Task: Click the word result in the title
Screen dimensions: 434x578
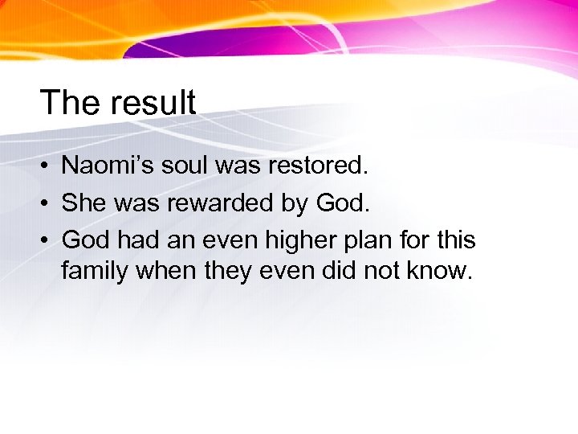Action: [x=152, y=103]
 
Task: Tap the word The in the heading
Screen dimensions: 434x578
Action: [x=71, y=103]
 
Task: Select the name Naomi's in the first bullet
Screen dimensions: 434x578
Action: [x=108, y=166]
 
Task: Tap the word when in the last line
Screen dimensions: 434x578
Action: [x=162, y=272]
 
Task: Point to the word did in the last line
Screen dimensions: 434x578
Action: [x=340, y=272]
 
